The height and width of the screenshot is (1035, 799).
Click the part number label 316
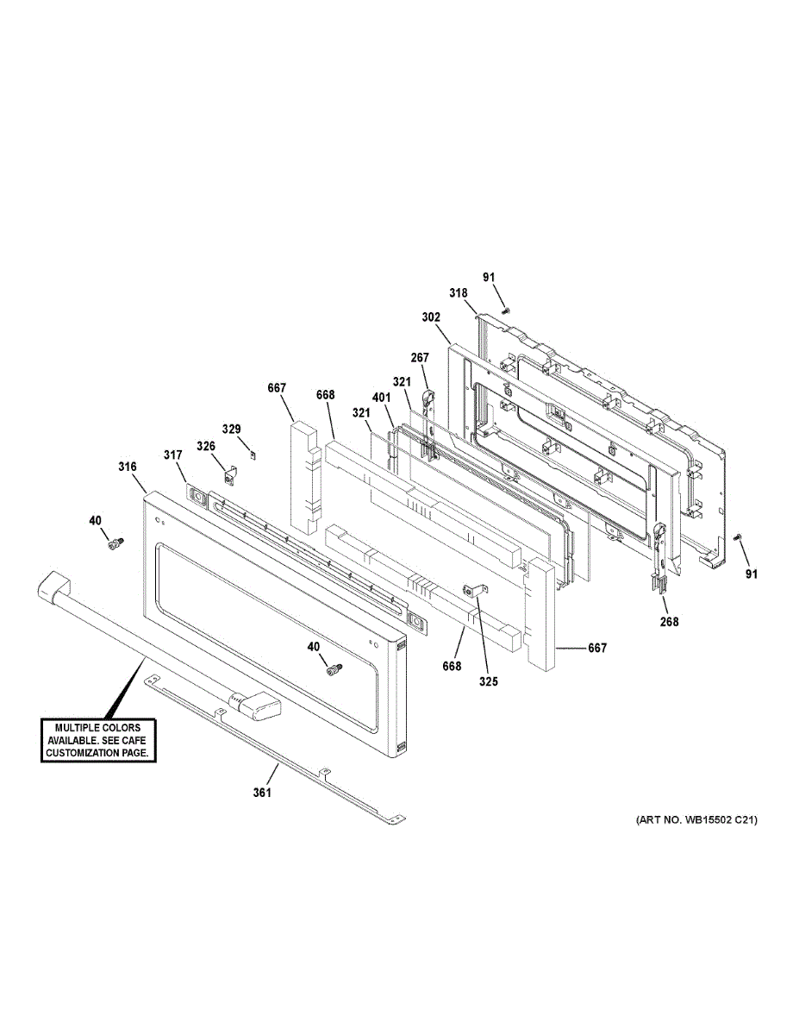click(x=128, y=467)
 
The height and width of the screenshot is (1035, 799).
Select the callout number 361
click(x=262, y=793)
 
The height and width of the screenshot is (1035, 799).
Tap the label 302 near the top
click(x=431, y=317)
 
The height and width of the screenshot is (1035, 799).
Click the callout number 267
click(x=420, y=359)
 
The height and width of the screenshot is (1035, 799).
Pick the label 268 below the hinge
click(x=669, y=622)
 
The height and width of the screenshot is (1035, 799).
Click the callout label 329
click(x=232, y=429)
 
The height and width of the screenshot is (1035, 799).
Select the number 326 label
click(x=206, y=446)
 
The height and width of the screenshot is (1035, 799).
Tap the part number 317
click(x=174, y=455)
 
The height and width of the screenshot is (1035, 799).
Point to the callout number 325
click(x=489, y=681)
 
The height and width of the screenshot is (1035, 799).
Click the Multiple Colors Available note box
click(x=98, y=740)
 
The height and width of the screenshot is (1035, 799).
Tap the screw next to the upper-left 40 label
click(x=114, y=543)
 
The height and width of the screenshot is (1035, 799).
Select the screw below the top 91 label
click(x=507, y=310)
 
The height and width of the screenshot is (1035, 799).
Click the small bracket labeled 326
click(x=230, y=474)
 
